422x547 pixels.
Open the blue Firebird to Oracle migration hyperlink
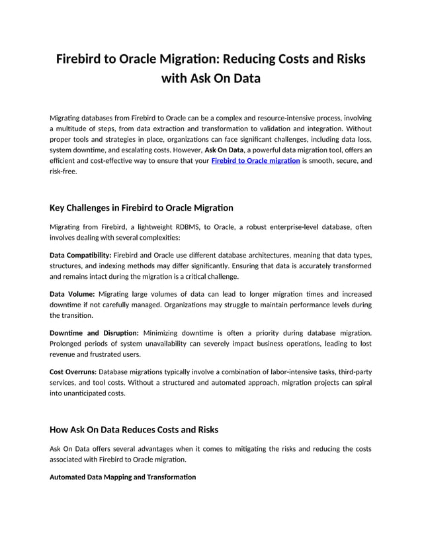pos(255,161)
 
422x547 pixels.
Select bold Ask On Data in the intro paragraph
pos(225,150)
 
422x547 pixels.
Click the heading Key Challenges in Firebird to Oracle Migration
pos(141,208)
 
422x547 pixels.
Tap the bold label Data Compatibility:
pos(81,255)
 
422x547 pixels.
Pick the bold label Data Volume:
pos(72,293)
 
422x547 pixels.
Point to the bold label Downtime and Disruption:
pos(94,332)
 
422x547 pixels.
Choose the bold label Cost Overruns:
pos(73,371)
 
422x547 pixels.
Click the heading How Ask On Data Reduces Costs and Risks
pos(134,429)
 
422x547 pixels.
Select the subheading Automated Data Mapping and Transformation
pos(122,477)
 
